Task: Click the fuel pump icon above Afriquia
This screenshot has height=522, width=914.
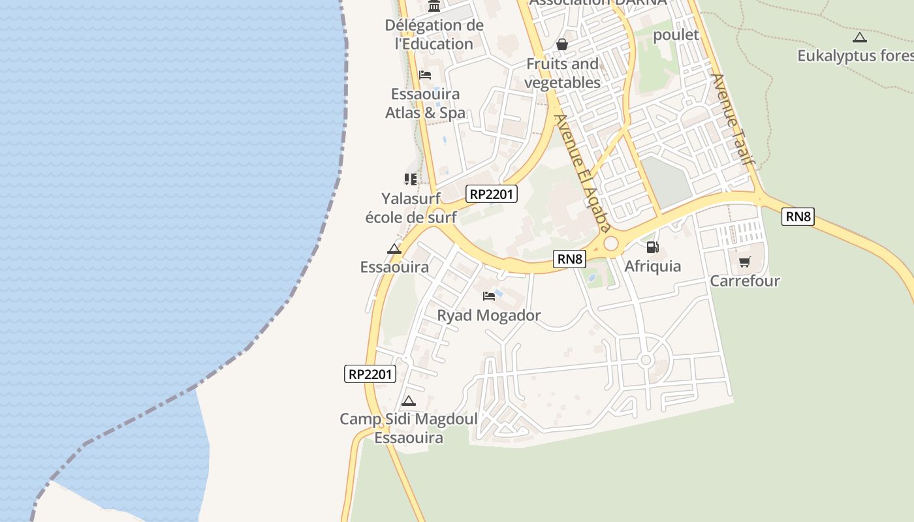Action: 652,247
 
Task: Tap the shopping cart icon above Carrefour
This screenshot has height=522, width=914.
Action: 744,262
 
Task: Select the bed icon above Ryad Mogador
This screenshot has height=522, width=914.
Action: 489,296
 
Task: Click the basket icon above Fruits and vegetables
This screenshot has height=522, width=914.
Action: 561,44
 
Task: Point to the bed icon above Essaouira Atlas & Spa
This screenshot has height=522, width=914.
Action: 425,74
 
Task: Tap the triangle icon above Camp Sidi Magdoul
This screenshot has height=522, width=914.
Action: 409,401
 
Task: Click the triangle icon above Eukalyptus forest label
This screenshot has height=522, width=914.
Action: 859,37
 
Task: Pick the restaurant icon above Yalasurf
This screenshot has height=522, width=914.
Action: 410,179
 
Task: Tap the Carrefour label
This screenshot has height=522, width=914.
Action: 745,281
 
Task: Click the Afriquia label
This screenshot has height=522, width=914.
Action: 652,266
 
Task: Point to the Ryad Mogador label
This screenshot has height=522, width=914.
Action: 489,316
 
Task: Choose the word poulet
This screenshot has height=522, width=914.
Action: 676,35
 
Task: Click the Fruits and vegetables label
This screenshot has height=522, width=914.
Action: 562,73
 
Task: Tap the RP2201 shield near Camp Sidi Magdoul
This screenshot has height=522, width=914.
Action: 370,374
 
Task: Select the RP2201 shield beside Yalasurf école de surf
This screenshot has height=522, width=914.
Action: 492,194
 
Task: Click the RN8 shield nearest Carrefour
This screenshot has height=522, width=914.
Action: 798,217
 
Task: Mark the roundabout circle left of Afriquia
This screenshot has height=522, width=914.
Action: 611,244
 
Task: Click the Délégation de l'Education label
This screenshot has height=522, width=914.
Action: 434,35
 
